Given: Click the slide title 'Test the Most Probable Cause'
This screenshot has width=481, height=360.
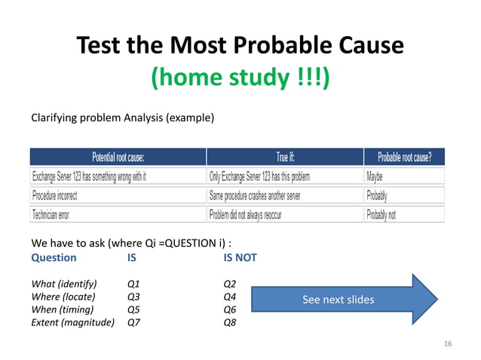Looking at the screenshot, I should [x=240, y=47].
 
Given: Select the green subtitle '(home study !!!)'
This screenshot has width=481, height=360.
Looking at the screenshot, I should [x=240, y=78].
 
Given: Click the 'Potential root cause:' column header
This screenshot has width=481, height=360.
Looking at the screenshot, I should [x=118, y=157].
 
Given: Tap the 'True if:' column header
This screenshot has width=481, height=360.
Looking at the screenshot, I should [x=285, y=157].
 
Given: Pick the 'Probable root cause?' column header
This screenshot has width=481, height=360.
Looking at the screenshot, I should [x=404, y=157].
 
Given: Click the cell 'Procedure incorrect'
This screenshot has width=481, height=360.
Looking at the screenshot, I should [x=54, y=195].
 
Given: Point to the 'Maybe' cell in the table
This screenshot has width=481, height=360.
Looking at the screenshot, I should [x=374, y=176].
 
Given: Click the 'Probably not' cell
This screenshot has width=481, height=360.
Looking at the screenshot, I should [x=381, y=214].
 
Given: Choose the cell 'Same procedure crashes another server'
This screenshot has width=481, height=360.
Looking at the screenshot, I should [x=261, y=195].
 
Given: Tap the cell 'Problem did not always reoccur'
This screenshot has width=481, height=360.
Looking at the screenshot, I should [x=252, y=214].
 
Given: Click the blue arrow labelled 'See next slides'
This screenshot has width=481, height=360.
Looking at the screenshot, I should [x=343, y=300].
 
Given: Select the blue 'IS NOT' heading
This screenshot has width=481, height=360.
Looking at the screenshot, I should [x=240, y=258].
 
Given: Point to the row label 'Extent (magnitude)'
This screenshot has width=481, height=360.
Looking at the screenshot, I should [x=72, y=322].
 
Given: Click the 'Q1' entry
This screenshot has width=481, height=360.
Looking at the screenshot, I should [x=135, y=284].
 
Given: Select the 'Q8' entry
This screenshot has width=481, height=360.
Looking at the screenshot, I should [x=231, y=322].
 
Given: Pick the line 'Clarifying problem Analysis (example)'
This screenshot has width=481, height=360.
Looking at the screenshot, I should [x=122, y=118].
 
